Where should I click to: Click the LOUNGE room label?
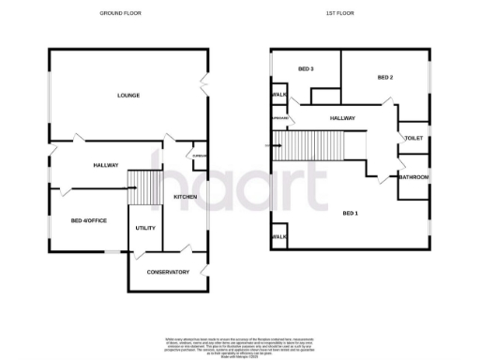128,97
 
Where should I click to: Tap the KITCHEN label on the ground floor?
184,196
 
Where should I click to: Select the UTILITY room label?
145,228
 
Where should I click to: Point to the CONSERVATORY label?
168,272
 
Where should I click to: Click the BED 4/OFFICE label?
88,221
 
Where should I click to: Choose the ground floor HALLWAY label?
106,166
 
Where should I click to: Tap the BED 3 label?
306,69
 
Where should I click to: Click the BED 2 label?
384,77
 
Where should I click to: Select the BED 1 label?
350,214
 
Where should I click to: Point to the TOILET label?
413,138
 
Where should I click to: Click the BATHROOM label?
413,177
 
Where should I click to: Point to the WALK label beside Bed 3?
278,95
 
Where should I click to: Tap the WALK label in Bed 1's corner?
278,237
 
